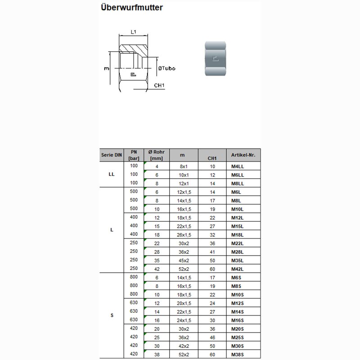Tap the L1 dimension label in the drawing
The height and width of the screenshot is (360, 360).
pyautogui.click(x=133, y=32)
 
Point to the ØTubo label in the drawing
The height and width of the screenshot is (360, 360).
pyautogui.click(x=166, y=68)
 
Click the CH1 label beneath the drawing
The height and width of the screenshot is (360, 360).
pyautogui.click(x=159, y=85)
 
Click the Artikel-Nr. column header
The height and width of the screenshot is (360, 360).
pyautogui.click(x=243, y=155)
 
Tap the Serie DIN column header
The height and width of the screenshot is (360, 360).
pyautogui.click(x=112, y=155)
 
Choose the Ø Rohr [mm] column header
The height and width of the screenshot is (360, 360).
pyautogui.click(x=157, y=155)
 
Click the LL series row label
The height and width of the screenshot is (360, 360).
pyautogui.click(x=112, y=175)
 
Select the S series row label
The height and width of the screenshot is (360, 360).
pyautogui.click(x=112, y=315)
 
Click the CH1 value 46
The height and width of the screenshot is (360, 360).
pyautogui.click(x=213, y=337)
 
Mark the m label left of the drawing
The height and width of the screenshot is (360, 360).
pyautogui.click(x=107, y=69)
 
